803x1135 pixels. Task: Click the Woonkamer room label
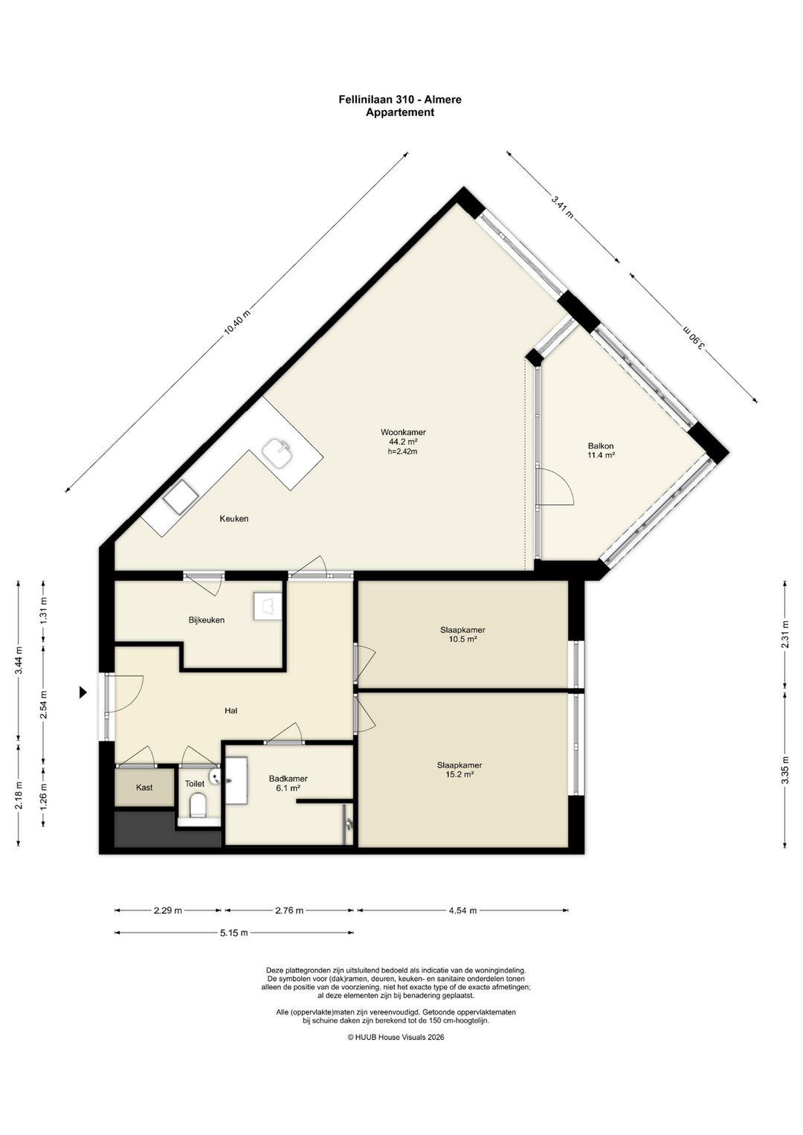click(x=403, y=432)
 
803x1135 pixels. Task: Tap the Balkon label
click(x=601, y=446)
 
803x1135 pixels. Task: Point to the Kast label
click(x=144, y=788)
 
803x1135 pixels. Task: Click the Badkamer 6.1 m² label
click(x=288, y=783)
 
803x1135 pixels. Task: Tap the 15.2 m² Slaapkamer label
click(x=459, y=770)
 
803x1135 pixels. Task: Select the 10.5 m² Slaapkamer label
click(x=462, y=634)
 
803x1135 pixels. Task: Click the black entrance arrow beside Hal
click(x=83, y=692)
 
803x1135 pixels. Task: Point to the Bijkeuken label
click(x=206, y=620)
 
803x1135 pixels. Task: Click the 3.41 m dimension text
click(x=562, y=207)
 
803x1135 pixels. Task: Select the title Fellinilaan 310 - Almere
click(x=400, y=100)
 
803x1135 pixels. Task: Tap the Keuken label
click(x=234, y=518)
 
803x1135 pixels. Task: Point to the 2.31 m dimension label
click(x=784, y=634)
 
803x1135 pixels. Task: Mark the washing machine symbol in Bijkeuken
click(x=267, y=606)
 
